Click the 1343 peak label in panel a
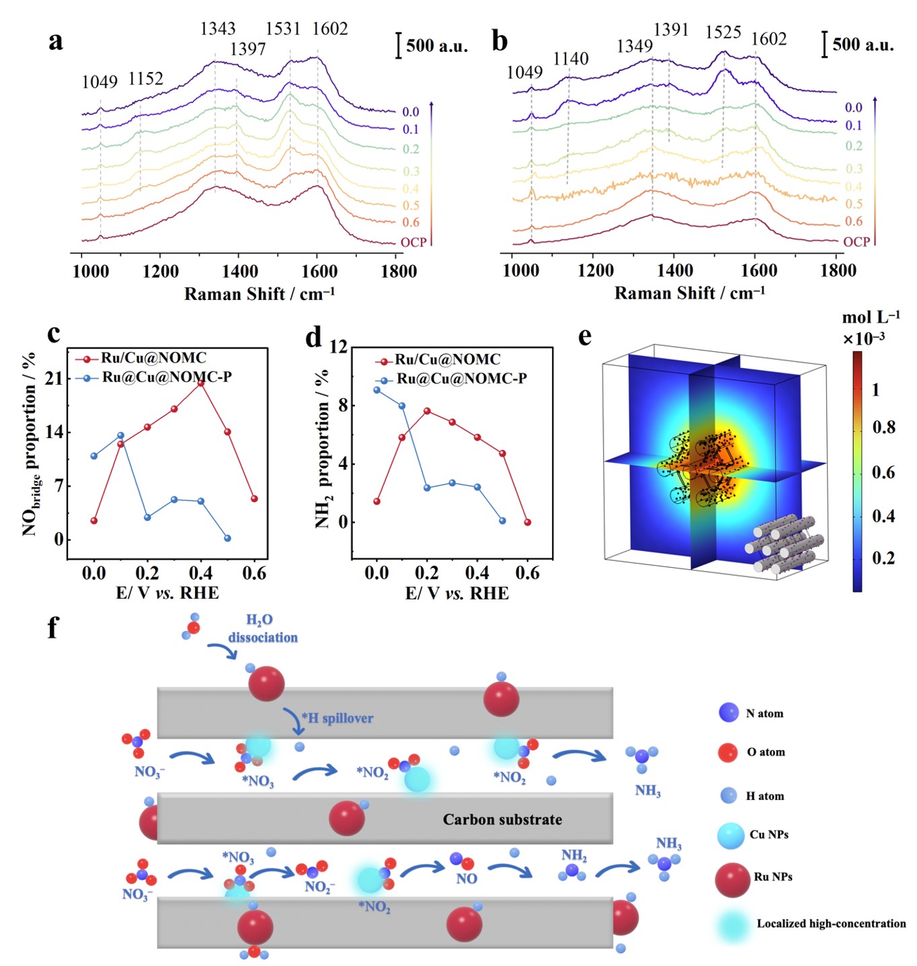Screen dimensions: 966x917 pos(218,29)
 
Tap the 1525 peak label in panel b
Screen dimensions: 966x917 pos(723,32)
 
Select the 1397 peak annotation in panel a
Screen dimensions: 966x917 pos(247,49)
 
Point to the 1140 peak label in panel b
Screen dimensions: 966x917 pos(571,59)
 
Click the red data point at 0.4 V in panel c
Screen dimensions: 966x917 pos(200,383)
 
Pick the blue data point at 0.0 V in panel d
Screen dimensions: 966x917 pos(376,389)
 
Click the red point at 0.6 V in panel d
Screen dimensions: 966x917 pos(528,522)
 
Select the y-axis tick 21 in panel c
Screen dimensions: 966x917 pos(54,379)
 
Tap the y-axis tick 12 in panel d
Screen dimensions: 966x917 pos(338,347)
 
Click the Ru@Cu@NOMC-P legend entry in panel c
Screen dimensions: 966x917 pos(167,377)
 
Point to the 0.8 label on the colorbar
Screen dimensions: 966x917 pos(883,427)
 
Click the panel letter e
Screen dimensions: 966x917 pos(585,336)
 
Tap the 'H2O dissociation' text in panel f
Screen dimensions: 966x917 pos(262,628)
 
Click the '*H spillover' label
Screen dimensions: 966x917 pos(337,718)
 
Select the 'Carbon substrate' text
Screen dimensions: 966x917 pos(502,819)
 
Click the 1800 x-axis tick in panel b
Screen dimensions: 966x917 pos(838,271)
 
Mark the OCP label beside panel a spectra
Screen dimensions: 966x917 pos(413,242)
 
